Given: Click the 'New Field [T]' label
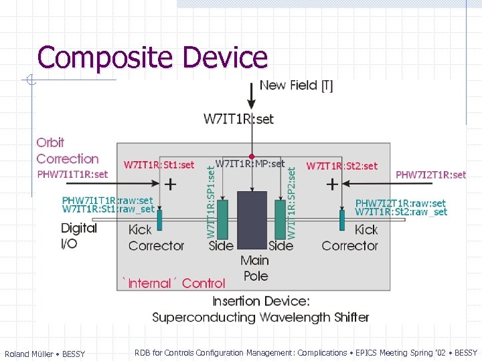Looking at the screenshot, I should click(x=296, y=85).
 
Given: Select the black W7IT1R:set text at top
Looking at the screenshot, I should click(x=238, y=119).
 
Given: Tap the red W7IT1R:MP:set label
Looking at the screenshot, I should click(x=250, y=163).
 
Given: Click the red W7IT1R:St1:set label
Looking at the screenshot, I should click(x=159, y=164).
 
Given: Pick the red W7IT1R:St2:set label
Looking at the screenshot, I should click(x=341, y=165).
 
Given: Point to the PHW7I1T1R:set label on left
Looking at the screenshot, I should click(x=72, y=174).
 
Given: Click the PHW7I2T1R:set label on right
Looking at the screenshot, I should click(x=430, y=174).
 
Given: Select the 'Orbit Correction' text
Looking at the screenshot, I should click(x=67, y=150).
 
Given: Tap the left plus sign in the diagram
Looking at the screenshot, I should click(x=171, y=183).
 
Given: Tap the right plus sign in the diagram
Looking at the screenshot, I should click(x=331, y=183).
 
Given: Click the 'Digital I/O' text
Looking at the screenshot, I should click(x=79, y=235).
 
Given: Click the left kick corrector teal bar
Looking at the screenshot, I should click(x=159, y=219).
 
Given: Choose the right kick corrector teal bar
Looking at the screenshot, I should click(x=341, y=219).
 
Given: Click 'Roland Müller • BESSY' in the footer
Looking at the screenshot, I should click(x=45, y=354).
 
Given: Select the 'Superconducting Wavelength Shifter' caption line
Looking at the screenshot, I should click(x=260, y=317).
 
